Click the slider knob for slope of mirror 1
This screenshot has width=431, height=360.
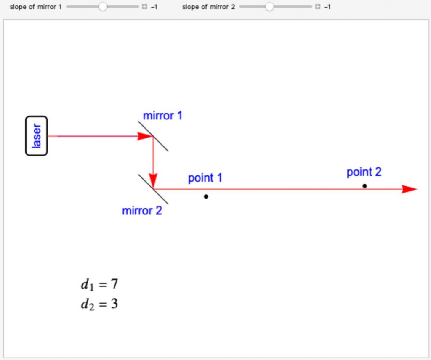102,7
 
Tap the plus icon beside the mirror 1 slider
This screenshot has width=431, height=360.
144,7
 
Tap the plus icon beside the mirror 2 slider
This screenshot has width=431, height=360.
317,7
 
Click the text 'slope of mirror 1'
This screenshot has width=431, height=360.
35,7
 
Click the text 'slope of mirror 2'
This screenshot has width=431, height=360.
208,7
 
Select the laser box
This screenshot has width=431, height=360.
37,136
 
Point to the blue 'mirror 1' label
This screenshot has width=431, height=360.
162,116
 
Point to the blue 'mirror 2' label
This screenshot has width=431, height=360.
142,211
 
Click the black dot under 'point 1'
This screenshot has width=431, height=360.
206,196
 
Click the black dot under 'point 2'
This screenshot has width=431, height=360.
364,185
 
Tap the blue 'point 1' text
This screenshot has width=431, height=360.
205,178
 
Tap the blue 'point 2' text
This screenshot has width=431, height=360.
364,172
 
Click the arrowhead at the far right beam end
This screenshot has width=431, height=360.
408,189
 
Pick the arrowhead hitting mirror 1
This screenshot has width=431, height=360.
145,136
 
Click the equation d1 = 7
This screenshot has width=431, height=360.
99,285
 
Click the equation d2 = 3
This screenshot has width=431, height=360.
99,304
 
